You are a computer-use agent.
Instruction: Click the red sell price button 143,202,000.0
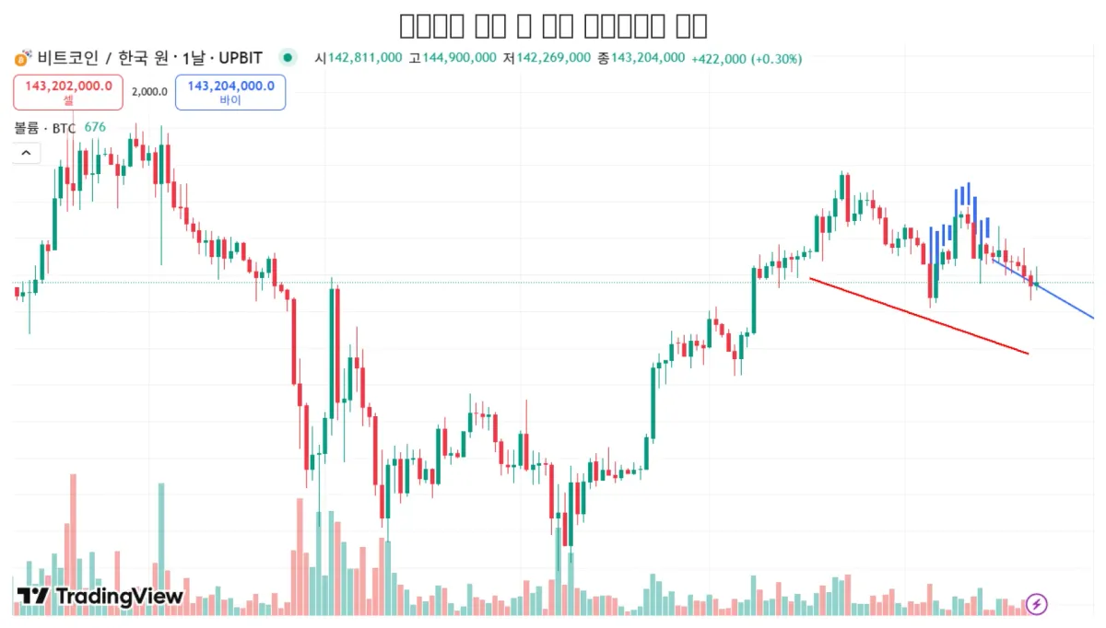[67, 91]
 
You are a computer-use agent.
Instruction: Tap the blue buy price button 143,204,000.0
[230, 91]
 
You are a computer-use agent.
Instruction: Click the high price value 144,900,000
[460, 58]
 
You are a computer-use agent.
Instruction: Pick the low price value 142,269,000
[553, 58]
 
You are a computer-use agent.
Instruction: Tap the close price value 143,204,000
[648, 58]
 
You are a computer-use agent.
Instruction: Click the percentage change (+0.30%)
[776, 58]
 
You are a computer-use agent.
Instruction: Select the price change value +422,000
[719, 58]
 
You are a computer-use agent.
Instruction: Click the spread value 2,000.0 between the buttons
[149, 91]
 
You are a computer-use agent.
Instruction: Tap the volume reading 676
[95, 128]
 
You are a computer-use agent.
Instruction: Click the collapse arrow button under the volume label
[26, 153]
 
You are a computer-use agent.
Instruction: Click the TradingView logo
[100, 597]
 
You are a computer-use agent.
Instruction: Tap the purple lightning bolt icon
[1037, 604]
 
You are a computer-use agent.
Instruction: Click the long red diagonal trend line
[918, 315]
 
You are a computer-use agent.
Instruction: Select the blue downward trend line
[1060, 299]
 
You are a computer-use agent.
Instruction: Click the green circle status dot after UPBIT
[288, 58]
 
